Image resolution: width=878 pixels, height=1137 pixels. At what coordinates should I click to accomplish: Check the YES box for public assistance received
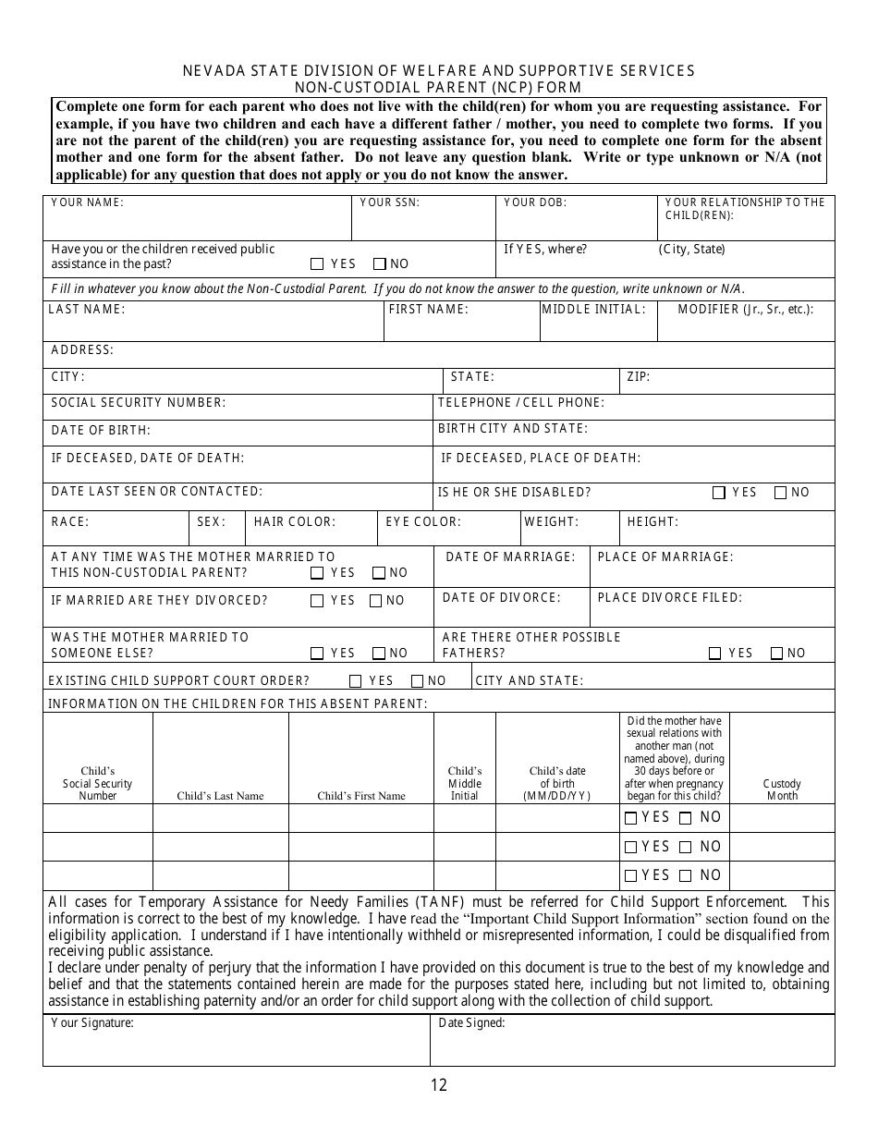click(x=317, y=263)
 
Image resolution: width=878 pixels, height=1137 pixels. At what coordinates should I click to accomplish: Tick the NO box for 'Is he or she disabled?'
click(x=780, y=493)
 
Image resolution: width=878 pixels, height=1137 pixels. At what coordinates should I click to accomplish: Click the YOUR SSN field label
click(x=389, y=202)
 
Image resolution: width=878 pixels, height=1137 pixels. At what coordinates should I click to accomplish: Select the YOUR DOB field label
click(x=535, y=202)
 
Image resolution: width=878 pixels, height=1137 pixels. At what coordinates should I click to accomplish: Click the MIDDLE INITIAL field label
click(x=593, y=310)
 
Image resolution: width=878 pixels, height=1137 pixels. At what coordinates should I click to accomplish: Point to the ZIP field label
click(x=639, y=377)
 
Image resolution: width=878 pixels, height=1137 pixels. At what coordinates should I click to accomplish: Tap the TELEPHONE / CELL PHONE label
click(x=520, y=403)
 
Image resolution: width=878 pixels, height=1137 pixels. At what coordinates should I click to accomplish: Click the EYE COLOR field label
click(x=423, y=522)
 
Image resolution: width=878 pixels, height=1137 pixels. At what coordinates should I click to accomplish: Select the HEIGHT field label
click(x=652, y=522)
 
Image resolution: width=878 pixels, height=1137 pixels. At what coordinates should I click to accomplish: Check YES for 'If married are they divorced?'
click(x=317, y=601)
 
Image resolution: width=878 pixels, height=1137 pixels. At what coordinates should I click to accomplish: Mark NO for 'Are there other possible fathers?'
click(x=776, y=654)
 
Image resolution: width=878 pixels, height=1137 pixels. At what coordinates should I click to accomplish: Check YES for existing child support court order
click(x=356, y=681)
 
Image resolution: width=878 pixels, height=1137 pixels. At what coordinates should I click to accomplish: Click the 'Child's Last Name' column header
click(x=220, y=796)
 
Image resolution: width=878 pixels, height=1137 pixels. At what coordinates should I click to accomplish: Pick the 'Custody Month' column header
click(x=782, y=789)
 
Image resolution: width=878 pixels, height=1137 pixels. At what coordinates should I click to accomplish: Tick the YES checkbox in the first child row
click(x=631, y=818)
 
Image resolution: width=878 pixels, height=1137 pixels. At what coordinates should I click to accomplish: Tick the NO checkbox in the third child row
click(x=685, y=875)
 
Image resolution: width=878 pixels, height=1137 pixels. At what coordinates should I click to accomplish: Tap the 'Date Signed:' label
click(x=471, y=1023)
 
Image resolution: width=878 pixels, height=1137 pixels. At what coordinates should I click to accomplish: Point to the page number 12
click(x=438, y=1085)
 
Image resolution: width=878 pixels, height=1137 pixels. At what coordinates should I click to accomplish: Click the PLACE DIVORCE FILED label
click(x=669, y=598)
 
